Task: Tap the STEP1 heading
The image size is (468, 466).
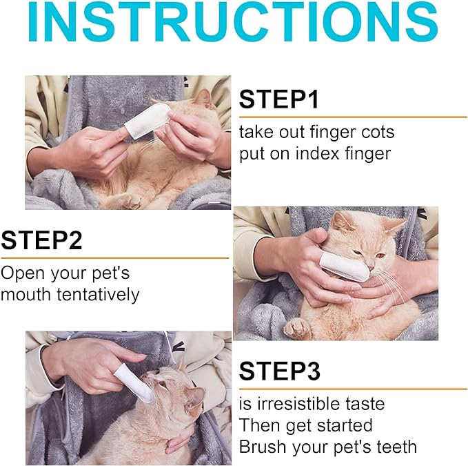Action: (279, 99)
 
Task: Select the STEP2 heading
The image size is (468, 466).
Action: (41, 240)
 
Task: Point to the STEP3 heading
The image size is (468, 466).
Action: (280, 371)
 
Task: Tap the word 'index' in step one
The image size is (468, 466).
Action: (318, 154)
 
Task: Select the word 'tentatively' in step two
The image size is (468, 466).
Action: (98, 294)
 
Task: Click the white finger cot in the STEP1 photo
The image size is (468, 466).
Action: (147, 120)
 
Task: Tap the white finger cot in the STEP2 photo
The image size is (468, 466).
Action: (345, 266)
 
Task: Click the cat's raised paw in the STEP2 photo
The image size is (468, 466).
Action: (296, 329)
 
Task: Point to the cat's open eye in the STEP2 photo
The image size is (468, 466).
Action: (380, 256)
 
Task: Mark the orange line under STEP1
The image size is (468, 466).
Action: (353, 117)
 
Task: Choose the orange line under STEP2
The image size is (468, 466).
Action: (115, 258)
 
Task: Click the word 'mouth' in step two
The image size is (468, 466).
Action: (26, 294)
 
